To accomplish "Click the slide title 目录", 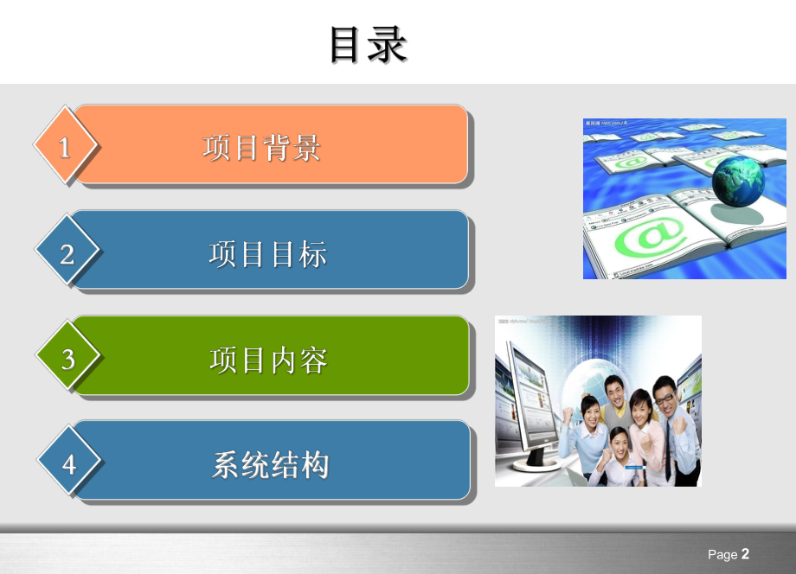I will tap(369, 45).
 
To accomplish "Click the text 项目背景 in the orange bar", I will tap(262, 148).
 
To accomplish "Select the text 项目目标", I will tap(268, 254).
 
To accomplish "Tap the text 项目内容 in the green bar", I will tap(268, 360).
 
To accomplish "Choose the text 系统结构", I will tap(270, 465).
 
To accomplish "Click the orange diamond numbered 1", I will tap(65, 147).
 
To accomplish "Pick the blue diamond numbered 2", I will tap(67, 253).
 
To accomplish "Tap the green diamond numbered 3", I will tap(68, 358).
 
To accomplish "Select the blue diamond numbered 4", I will tap(68, 464).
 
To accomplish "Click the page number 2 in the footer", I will tap(745, 554).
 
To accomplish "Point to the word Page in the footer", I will tap(722, 555).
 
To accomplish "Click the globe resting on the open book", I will tap(738, 179).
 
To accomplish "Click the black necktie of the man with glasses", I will tap(669, 441).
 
